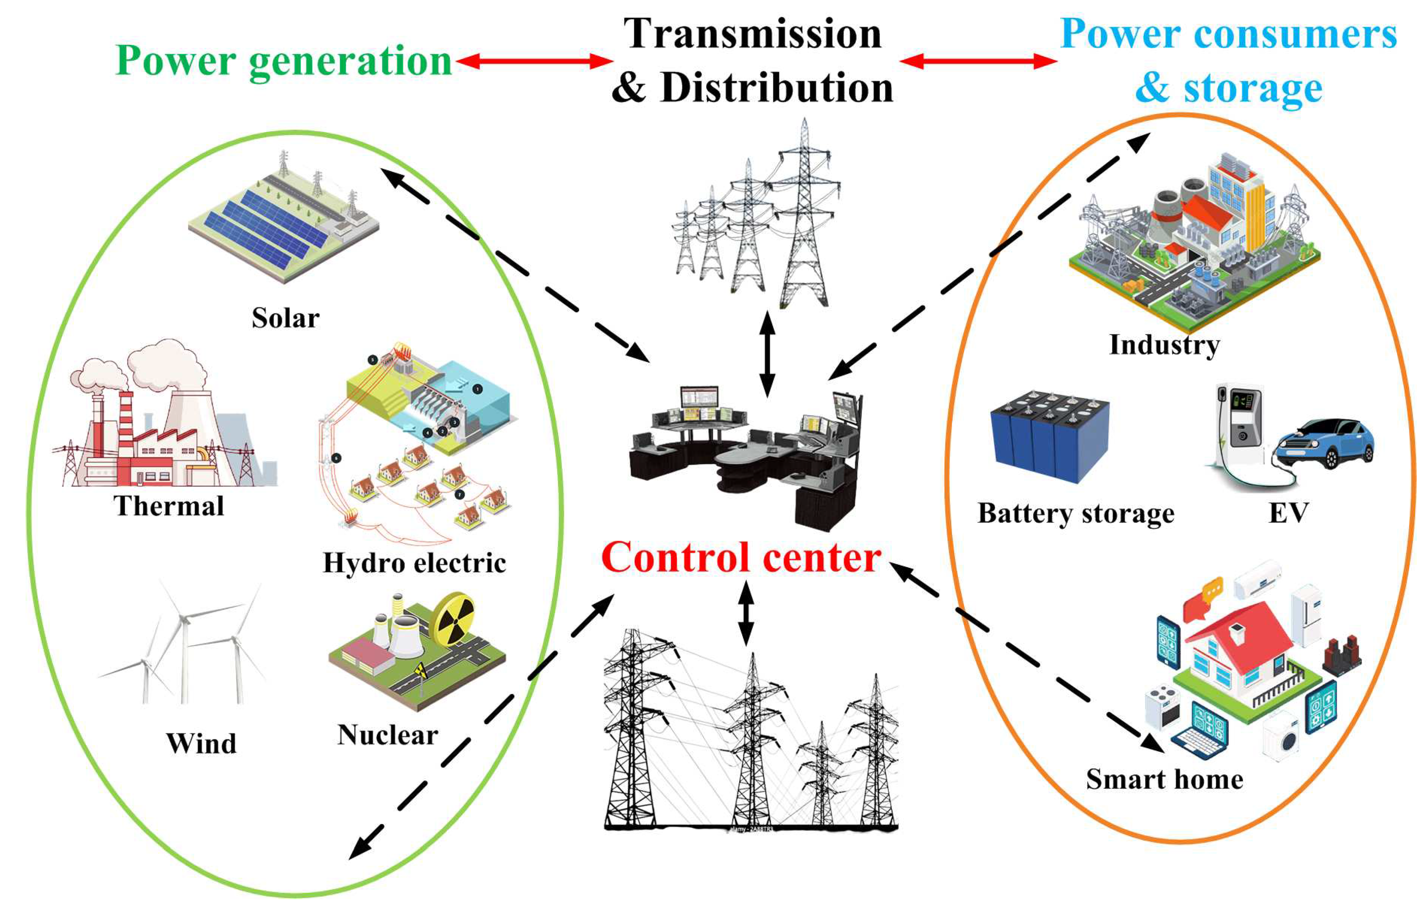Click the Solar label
click(x=285, y=318)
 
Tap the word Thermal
click(x=169, y=506)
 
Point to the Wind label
click(x=201, y=743)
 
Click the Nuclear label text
click(x=388, y=735)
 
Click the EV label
click(x=1288, y=512)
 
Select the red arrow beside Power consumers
click(x=978, y=61)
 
